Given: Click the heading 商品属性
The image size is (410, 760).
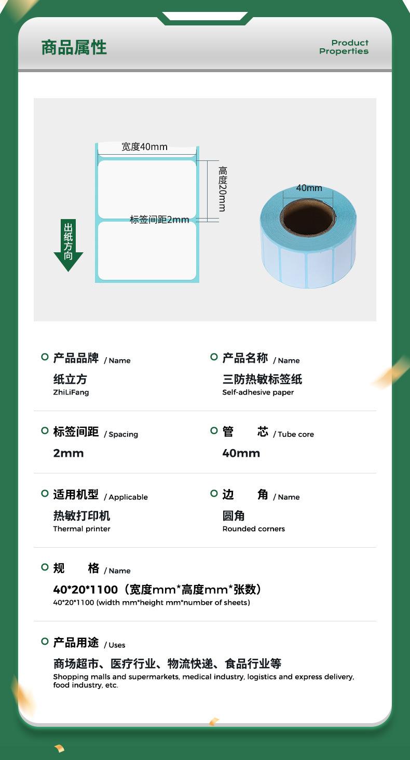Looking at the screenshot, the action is [x=74, y=48].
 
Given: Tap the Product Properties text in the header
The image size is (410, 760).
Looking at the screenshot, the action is [x=344, y=47].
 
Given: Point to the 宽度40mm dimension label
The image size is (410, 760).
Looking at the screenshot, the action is [x=144, y=147].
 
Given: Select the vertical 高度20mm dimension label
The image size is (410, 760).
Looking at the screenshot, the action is [x=222, y=188].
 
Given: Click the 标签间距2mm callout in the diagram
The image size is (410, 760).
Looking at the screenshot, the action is [x=159, y=220].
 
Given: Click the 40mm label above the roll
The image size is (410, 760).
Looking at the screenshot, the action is [x=309, y=188].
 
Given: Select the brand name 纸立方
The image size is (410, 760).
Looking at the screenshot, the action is [x=70, y=379].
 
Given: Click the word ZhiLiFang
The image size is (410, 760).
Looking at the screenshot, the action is [x=71, y=392].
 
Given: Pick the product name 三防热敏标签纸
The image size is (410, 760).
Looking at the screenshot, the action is [x=262, y=379].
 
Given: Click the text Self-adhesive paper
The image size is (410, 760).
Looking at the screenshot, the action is [x=258, y=392].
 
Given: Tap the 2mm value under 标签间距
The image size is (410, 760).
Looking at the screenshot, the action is [x=68, y=453].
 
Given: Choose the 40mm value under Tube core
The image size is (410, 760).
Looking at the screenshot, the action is [x=241, y=453].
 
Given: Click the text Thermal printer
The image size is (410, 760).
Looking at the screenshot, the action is [x=81, y=529].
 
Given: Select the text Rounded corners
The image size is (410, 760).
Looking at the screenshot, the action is [x=253, y=529].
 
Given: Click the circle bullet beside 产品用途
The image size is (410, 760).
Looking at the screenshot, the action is [x=45, y=642].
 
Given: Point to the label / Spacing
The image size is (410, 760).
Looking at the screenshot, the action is [x=121, y=435].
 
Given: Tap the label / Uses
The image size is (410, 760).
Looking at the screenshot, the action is [x=115, y=645].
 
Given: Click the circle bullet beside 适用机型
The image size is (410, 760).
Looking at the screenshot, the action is [x=45, y=493].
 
